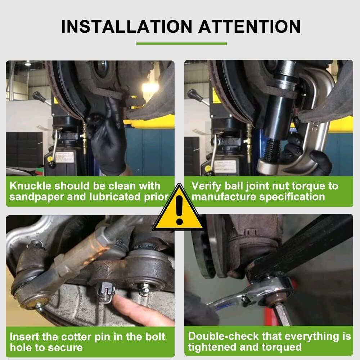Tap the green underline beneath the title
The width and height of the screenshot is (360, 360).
(x=181, y=44)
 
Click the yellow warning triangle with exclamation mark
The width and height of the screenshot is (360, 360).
(x=179, y=209)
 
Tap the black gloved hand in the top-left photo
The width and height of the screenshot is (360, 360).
(x=108, y=140)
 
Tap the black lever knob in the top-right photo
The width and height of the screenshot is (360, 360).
(x=192, y=94)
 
